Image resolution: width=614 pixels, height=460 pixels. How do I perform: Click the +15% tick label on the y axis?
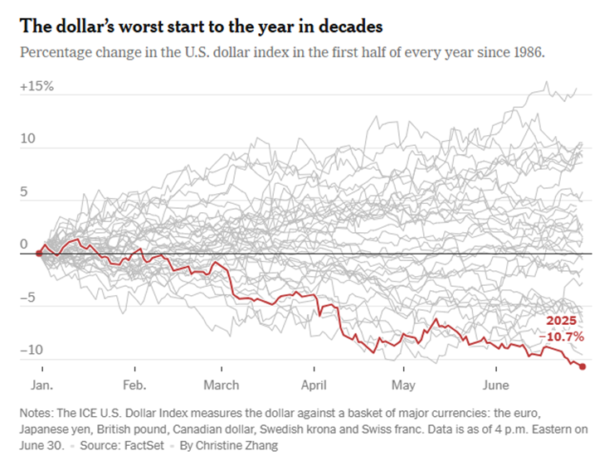pyautogui.click(x=37, y=86)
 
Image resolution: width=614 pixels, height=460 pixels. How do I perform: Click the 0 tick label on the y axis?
pyautogui.click(x=24, y=245)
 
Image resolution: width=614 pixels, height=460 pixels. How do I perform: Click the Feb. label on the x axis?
pyautogui.click(x=134, y=385)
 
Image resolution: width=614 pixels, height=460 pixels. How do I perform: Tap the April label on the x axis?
pyautogui.click(x=315, y=385)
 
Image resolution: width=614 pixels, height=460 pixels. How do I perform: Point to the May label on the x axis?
pyautogui.click(x=403, y=385)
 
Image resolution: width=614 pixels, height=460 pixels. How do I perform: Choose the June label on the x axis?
pyautogui.click(x=496, y=385)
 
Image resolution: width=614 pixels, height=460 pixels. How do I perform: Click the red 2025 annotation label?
pyautogui.click(x=560, y=321)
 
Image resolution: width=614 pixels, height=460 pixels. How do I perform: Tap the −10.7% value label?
pyautogui.click(x=563, y=337)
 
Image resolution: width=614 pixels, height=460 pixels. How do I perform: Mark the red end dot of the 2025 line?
pyautogui.click(x=582, y=366)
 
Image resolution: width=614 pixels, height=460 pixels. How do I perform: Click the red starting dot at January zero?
pyautogui.click(x=38, y=253)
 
